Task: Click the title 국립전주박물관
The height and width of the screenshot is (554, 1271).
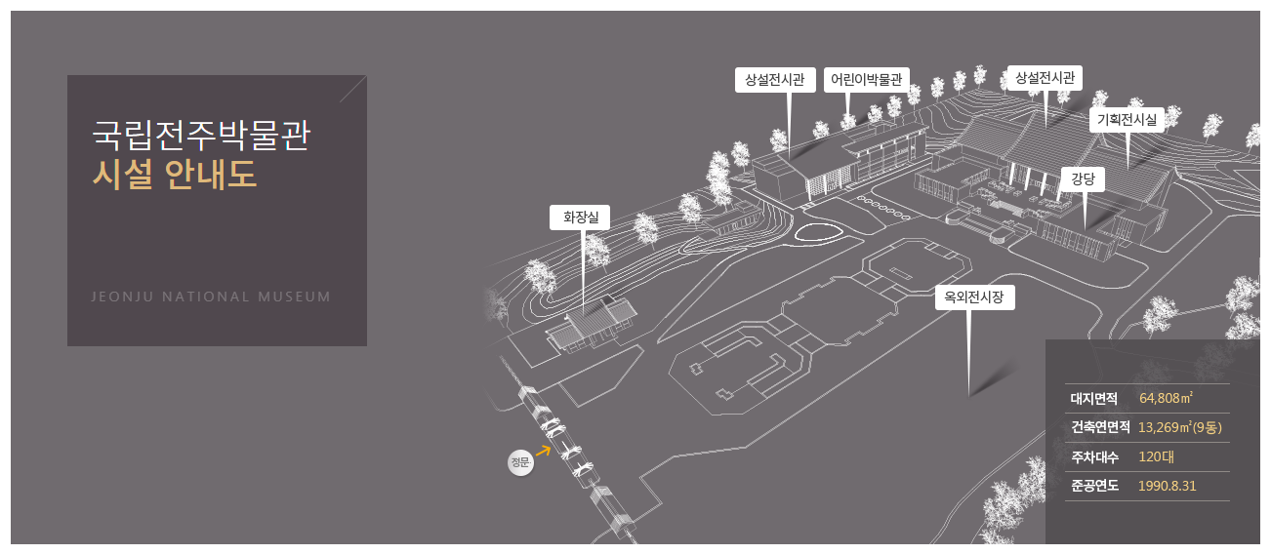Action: click(x=200, y=135)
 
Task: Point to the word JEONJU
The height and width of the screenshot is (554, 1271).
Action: click(x=122, y=297)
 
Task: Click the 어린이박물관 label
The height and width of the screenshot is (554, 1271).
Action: click(x=865, y=80)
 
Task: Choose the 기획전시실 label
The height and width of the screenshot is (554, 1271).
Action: click(x=1127, y=120)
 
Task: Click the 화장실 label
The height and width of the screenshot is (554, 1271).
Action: click(x=580, y=218)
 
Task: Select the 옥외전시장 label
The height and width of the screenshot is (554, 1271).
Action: click(x=974, y=298)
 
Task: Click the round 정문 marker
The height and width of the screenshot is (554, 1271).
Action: click(x=519, y=462)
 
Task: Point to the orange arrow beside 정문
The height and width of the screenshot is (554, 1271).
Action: click(x=543, y=451)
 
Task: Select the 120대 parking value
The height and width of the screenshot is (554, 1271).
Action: click(x=1156, y=456)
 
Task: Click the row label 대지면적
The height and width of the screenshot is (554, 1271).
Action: click(x=1093, y=398)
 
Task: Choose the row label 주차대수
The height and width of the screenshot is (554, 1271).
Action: click(x=1093, y=456)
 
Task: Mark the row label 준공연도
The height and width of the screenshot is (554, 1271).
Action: click(x=1093, y=486)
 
